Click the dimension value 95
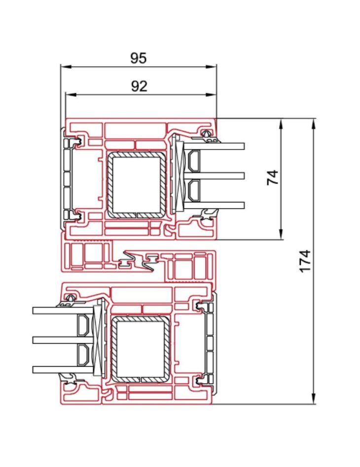click(x=139, y=58)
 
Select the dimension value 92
click(x=139, y=87)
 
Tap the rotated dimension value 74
click(x=273, y=177)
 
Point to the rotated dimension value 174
click(x=306, y=260)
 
